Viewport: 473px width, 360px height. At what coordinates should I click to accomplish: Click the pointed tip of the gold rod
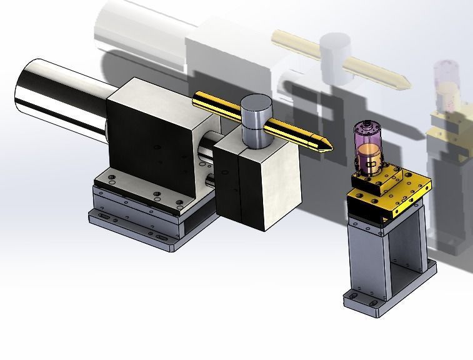pos(329,148)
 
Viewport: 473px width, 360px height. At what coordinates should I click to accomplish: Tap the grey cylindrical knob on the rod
pos(255,118)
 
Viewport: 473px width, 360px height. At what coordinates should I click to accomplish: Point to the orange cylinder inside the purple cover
pos(370,160)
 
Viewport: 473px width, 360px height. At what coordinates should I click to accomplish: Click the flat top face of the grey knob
pos(256,102)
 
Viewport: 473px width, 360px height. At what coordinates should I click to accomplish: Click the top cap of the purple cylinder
pos(366,127)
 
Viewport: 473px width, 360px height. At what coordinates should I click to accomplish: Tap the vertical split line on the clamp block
pos(239,187)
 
